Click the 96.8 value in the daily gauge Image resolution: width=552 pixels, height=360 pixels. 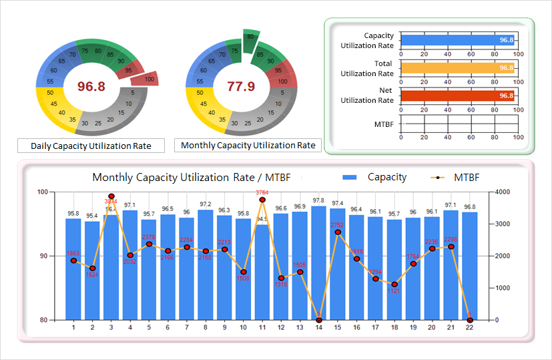coord(91,86)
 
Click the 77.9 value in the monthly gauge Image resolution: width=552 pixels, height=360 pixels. coord(241,86)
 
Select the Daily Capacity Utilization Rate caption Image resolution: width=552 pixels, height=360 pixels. coord(91,146)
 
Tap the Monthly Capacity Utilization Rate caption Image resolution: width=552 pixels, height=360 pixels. coord(248,145)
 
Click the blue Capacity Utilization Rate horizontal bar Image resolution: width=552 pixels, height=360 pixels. coord(458,40)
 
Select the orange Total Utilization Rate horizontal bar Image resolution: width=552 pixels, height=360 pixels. coord(458,67)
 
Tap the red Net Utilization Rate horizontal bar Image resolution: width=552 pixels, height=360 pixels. coord(458,96)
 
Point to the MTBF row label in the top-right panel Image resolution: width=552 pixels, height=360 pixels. coord(384,124)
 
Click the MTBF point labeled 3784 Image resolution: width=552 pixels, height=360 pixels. coord(262,200)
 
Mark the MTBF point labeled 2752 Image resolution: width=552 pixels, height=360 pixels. coord(338,232)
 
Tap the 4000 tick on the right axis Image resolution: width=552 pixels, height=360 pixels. coord(503,192)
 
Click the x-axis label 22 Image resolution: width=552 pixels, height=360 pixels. coord(470,327)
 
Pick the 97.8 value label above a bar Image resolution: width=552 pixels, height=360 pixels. coord(319,201)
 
